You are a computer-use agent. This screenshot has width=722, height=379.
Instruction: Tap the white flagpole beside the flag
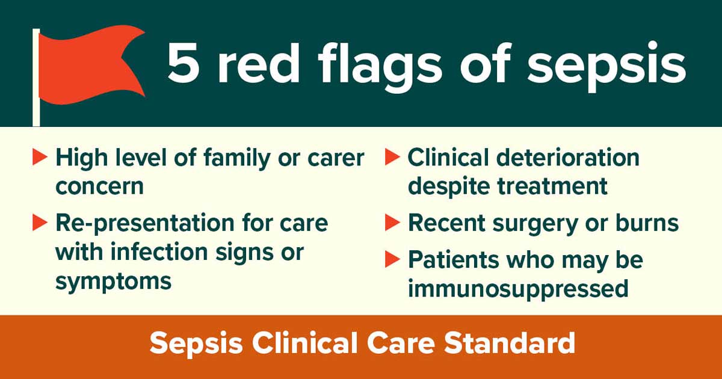tap(36, 78)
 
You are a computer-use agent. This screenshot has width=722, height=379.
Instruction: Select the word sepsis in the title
tap(606, 67)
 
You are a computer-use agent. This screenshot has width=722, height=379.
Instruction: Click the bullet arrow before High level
tap(40, 157)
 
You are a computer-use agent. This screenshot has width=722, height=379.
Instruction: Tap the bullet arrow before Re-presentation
tap(40, 223)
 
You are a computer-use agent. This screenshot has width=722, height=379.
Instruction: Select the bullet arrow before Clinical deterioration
tap(392, 157)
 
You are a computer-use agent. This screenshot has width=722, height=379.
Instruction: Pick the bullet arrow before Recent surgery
tap(392, 223)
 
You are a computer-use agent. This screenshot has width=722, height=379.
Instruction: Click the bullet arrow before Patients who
tap(392, 259)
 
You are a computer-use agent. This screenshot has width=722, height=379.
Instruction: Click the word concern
tap(99, 186)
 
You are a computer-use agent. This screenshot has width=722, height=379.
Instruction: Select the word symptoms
tap(113, 281)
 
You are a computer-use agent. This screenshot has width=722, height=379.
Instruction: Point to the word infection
tap(159, 251)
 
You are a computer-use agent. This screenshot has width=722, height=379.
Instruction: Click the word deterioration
tap(568, 157)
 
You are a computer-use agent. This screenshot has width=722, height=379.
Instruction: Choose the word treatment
tap(552, 186)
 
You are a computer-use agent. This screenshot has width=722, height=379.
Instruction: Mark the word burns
tap(647, 223)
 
